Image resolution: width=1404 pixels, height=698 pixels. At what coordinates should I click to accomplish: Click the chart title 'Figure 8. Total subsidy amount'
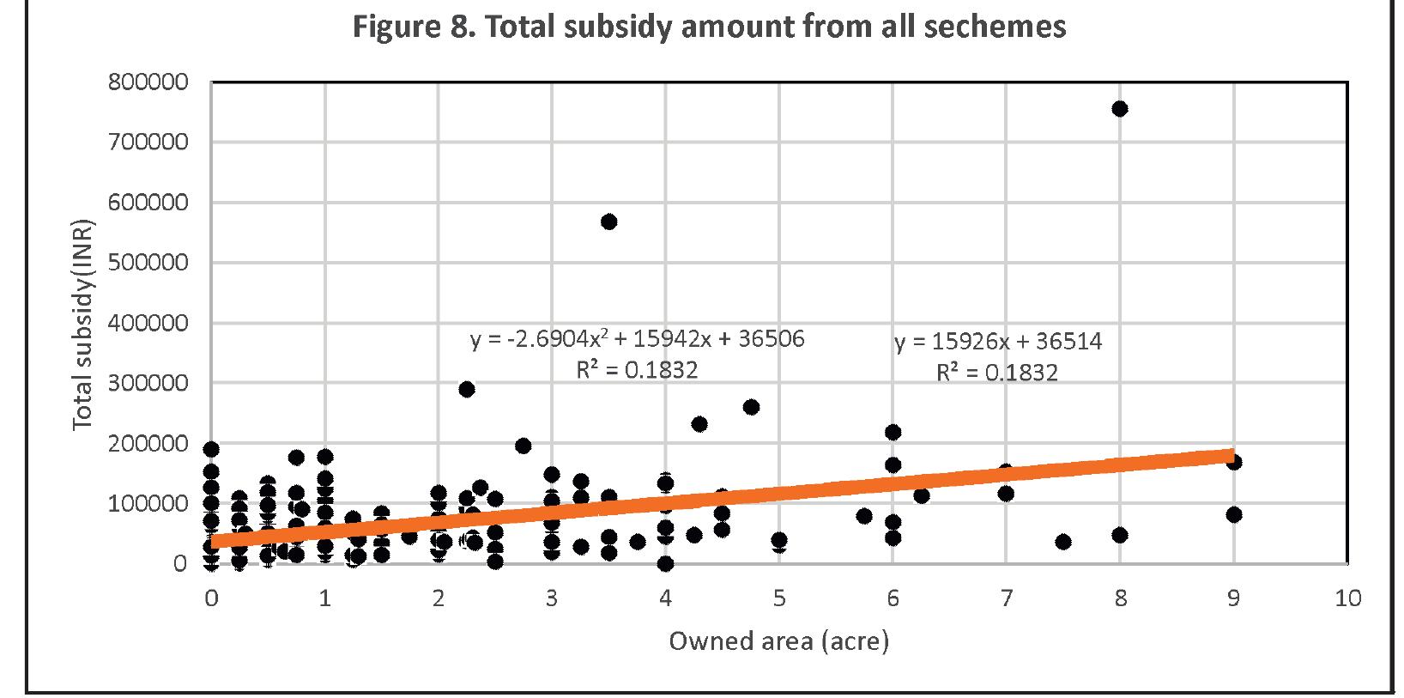click(709, 27)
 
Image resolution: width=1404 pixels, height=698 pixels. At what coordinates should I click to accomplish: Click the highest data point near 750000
click(1119, 109)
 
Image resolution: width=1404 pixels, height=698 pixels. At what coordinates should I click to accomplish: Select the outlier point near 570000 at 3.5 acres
click(608, 222)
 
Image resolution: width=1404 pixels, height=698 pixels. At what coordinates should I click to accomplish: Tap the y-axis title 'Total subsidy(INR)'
click(82, 326)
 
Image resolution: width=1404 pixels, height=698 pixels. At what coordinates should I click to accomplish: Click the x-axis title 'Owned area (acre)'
click(778, 641)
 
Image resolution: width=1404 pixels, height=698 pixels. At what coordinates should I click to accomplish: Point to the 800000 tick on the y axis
click(148, 82)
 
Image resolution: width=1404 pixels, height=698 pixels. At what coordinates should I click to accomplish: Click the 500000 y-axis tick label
click(148, 263)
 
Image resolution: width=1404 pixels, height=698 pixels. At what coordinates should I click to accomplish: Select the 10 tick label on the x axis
click(1347, 598)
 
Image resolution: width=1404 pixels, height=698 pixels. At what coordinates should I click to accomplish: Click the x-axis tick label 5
click(778, 598)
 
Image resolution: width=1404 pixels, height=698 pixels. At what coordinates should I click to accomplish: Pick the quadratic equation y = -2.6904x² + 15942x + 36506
click(638, 339)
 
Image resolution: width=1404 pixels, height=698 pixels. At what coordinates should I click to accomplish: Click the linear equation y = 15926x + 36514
click(998, 342)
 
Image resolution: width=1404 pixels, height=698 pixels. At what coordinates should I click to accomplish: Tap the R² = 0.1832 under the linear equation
click(996, 373)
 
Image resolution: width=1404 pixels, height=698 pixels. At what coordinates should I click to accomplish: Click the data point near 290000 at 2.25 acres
click(467, 389)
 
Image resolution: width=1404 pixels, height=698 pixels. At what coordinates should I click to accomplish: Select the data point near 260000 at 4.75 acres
click(751, 407)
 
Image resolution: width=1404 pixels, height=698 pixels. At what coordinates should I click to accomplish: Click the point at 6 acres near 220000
click(893, 432)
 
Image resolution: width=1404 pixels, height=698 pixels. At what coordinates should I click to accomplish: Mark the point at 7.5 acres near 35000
click(1063, 542)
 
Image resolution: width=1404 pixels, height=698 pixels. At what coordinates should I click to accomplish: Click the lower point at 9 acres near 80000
click(1234, 514)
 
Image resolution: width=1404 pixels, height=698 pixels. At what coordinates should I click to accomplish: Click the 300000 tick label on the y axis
click(148, 383)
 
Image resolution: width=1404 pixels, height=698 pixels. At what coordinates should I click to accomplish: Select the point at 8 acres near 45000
click(1119, 535)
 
